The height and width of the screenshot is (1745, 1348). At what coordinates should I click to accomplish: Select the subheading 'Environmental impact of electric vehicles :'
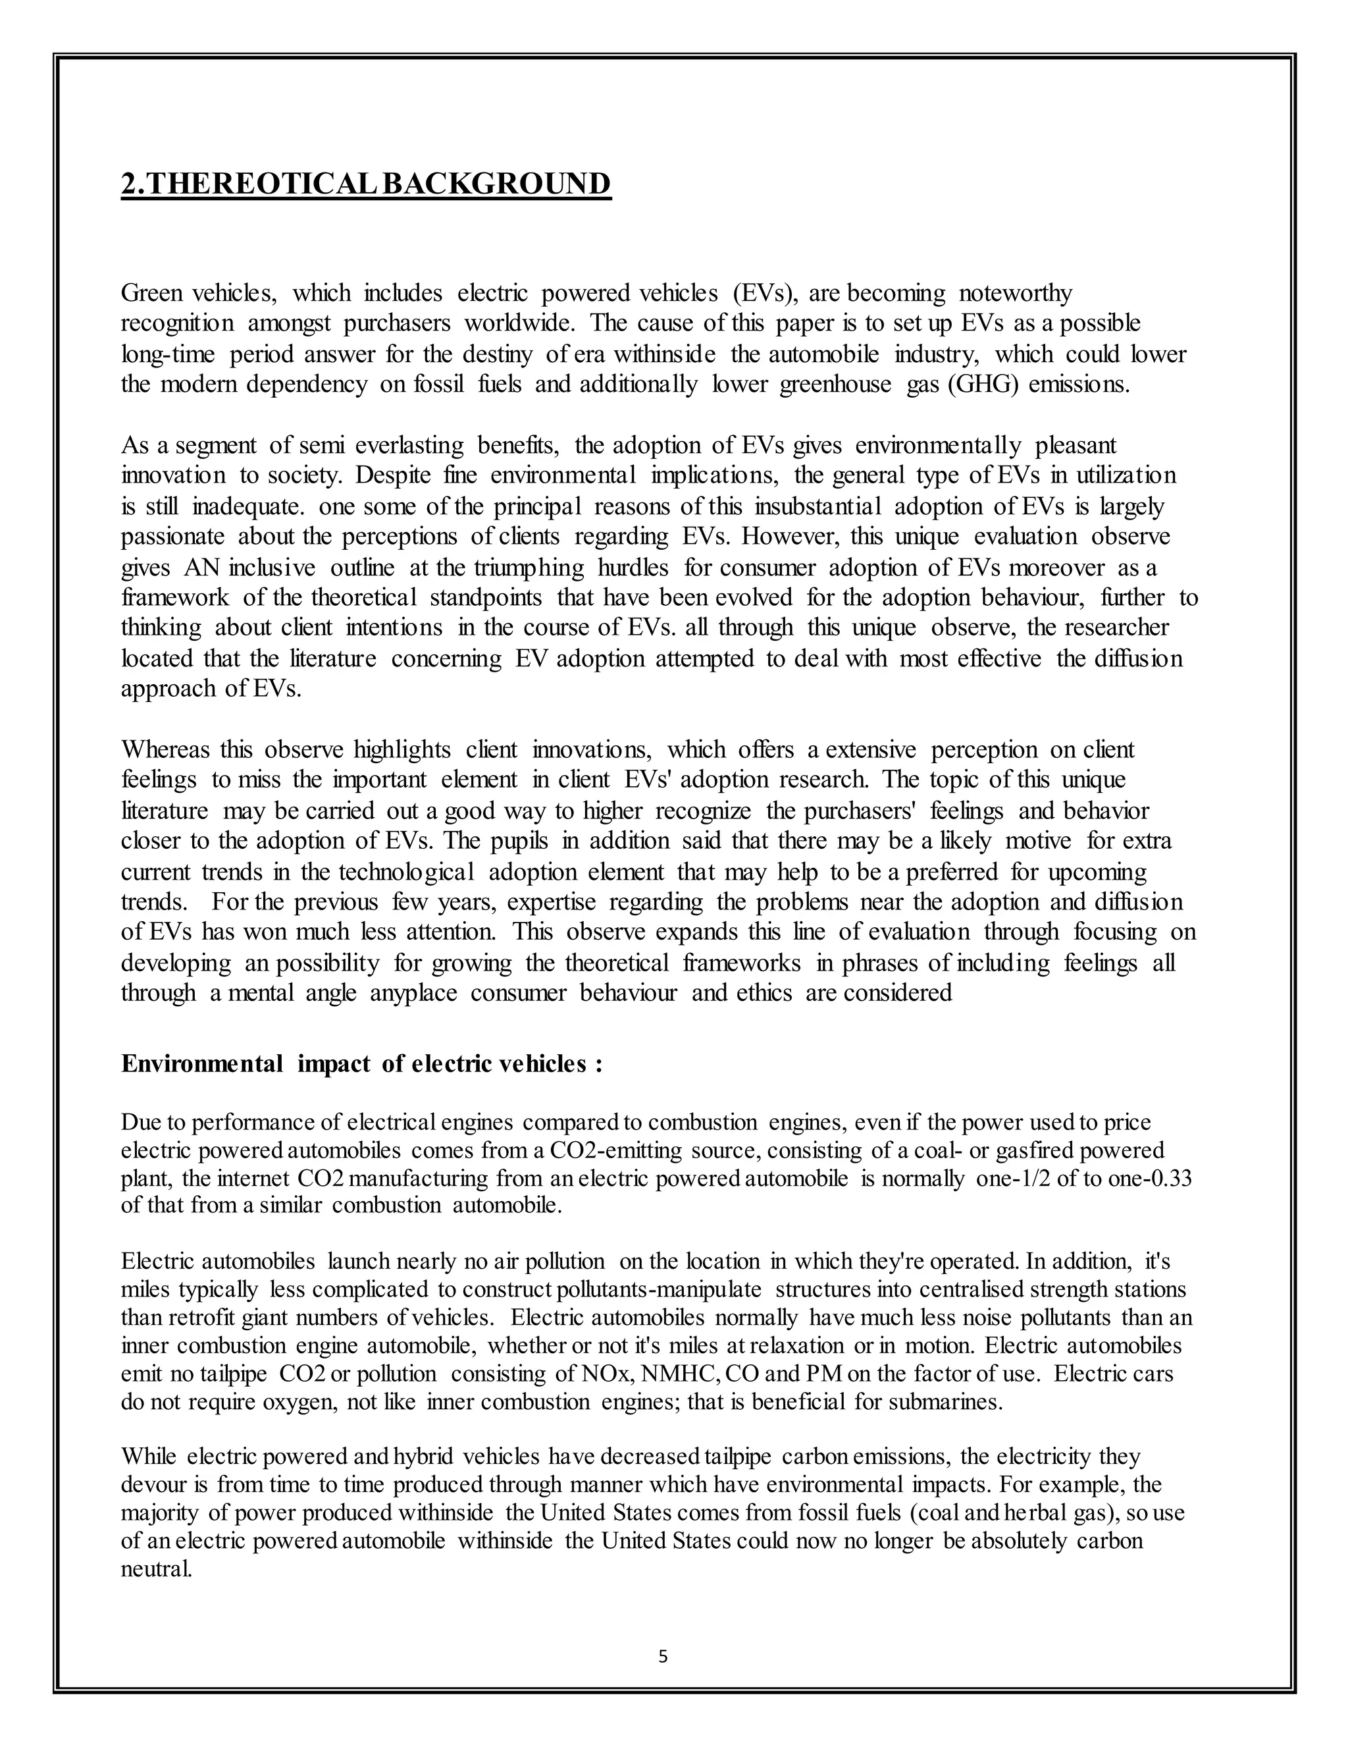tap(361, 1064)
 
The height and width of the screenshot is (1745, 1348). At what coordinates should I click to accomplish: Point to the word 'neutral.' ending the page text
tap(157, 1569)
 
